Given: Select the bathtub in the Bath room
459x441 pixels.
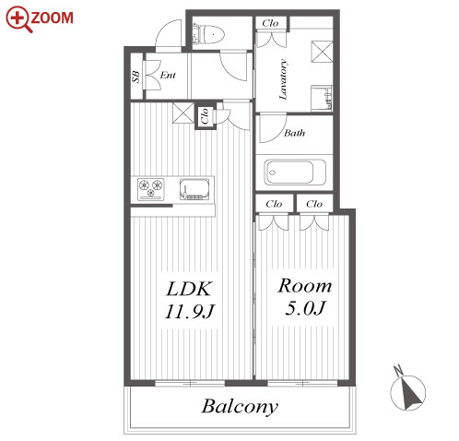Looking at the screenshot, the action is tap(294, 173).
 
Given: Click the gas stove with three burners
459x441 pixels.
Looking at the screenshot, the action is tap(150, 189).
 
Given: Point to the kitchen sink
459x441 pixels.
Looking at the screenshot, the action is tap(194, 189).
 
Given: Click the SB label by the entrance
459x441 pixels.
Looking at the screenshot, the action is tap(135, 77).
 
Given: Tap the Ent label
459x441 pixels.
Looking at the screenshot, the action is tap(168, 75).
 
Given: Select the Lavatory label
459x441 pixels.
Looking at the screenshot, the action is tap(283, 79).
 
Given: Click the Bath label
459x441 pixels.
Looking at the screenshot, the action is tap(294, 133).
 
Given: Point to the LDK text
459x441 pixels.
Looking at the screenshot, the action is tap(189, 289).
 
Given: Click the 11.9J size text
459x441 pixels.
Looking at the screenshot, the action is tap(189, 311).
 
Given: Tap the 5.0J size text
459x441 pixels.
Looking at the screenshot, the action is tap(305, 308).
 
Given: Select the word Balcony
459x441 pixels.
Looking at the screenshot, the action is tap(240, 407).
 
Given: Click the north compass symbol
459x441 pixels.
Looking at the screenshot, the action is tap(407, 390).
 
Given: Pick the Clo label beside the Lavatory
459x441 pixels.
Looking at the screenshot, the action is tap(270, 23).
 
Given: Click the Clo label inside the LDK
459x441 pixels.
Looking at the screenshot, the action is tap(205, 116).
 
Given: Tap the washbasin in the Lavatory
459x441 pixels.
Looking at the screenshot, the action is tap(322, 98).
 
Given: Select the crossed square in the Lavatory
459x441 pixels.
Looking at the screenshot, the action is tap(323, 52).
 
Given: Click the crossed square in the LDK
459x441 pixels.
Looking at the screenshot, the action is tap(183, 113).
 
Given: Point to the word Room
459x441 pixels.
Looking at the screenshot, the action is tap(305, 286).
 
